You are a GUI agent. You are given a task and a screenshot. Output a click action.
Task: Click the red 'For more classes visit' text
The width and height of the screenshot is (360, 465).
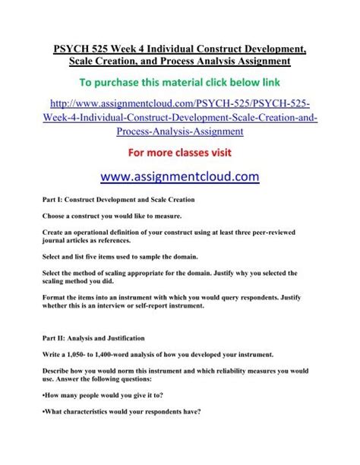click(x=180, y=151)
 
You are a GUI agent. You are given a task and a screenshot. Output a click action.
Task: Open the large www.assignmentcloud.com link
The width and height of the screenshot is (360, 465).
click(x=180, y=177)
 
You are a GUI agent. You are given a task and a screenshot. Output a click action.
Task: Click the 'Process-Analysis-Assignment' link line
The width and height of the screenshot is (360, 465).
click(x=180, y=132)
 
